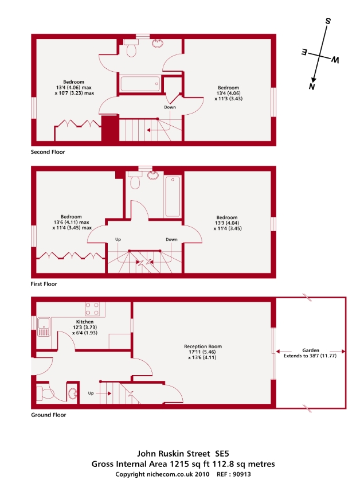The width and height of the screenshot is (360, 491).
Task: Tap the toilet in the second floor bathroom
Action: [x=131, y=49]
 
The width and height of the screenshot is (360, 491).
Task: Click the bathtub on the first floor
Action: [x=173, y=194]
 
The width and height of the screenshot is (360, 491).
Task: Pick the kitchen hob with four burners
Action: [x=92, y=310]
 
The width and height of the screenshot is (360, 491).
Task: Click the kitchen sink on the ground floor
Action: [x=45, y=328]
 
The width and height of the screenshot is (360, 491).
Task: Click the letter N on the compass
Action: [x=312, y=87]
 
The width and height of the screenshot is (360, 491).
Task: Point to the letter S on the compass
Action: [x=328, y=21]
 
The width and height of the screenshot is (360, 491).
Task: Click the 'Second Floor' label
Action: [x=48, y=153]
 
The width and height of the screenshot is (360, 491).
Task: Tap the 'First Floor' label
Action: [x=44, y=284]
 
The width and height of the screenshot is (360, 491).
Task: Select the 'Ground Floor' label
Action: [x=49, y=415]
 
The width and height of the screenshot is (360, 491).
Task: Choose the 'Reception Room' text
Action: [x=203, y=346]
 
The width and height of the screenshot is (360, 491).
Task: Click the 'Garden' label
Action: [x=311, y=350]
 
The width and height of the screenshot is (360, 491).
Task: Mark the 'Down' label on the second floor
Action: [x=170, y=107]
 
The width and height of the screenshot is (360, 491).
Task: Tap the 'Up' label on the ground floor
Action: [x=91, y=393]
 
